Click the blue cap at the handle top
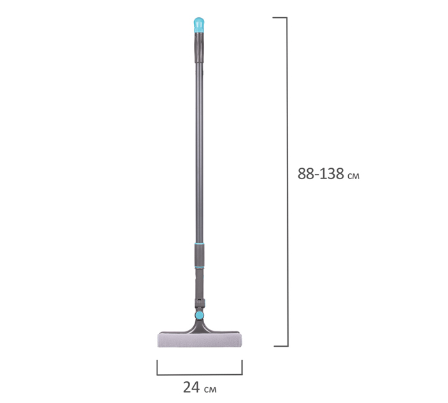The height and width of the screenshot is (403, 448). pyautogui.click(x=199, y=25)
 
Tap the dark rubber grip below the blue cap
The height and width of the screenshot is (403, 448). pyautogui.click(x=200, y=47)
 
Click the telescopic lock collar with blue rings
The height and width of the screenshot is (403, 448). pyautogui.click(x=200, y=256)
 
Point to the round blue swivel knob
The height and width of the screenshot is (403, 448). pyautogui.click(x=200, y=315)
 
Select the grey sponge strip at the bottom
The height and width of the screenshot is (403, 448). pyautogui.click(x=200, y=340)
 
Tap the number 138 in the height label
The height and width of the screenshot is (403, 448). pyautogui.click(x=332, y=173)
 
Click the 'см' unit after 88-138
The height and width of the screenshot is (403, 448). pyautogui.click(x=353, y=176)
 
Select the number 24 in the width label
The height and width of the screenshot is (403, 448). pyautogui.click(x=191, y=387)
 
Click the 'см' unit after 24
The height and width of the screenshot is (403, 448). pyautogui.click(x=211, y=390)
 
